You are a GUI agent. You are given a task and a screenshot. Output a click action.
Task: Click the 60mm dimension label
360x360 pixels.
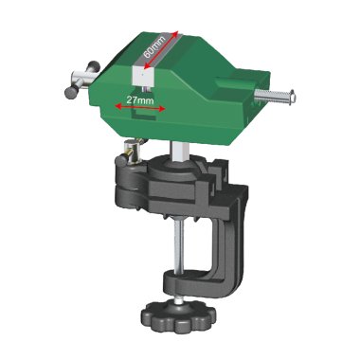(x=154, y=47)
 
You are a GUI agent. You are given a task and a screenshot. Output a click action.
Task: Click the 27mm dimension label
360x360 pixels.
(x=140, y=100)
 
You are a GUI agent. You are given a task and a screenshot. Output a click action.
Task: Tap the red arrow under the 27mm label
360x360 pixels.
(x=140, y=108)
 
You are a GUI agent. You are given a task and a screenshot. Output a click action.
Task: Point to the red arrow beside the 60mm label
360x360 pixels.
(x=161, y=49)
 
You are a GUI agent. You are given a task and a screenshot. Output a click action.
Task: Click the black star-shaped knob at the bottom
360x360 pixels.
(x=179, y=314)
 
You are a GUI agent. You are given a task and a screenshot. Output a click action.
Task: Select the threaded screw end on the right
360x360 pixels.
(x=276, y=95)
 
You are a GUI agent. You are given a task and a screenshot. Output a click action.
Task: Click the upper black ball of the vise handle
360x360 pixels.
(x=94, y=66)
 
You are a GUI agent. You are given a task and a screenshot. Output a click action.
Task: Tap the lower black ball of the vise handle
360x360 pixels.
(x=70, y=93)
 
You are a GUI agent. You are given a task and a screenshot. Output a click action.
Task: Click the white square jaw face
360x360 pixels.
(x=142, y=77)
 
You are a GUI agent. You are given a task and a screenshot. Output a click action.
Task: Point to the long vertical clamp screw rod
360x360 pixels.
(x=179, y=246)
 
